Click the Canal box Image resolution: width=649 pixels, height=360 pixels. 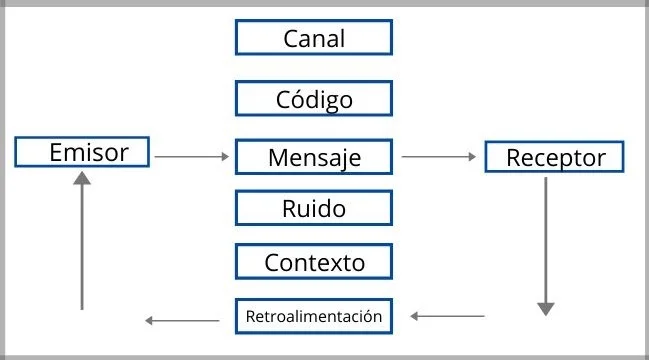click(313, 38)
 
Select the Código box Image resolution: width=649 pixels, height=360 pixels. click(313, 99)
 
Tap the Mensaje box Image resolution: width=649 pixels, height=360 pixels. click(313, 157)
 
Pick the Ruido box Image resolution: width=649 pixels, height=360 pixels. click(313, 209)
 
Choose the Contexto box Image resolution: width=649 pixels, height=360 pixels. click(313, 262)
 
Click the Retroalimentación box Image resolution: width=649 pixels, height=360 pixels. click(313, 316)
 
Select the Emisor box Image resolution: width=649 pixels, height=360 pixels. click(83, 152)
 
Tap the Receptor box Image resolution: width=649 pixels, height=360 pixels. click(554, 157)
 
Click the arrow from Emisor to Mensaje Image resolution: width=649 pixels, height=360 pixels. click(192, 157)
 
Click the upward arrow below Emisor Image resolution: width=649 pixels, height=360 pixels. click(82, 240)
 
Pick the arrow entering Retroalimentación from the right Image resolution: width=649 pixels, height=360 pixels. click(446, 317)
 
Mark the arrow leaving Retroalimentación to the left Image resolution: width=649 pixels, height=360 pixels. click(182, 320)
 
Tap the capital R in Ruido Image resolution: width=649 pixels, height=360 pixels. click(289, 209)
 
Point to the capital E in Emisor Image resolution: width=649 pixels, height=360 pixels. click(57, 152)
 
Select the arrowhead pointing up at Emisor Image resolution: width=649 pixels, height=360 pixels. click(82, 179)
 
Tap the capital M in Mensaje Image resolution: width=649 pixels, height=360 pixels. click(278, 157)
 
